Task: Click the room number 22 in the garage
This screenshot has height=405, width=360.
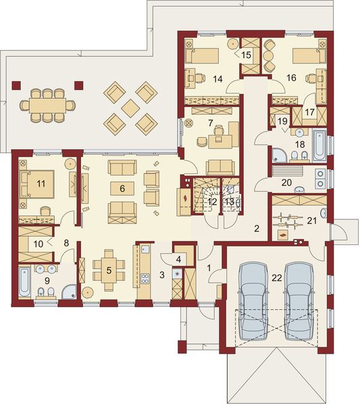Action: pyautogui.click(x=277, y=278)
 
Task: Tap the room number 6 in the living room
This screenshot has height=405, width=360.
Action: pyautogui.click(x=122, y=188)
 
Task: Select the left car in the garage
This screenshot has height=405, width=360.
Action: pyautogui.click(x=253, y=301)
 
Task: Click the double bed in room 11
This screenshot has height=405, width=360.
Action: pyautogui.click(x=37, y=184)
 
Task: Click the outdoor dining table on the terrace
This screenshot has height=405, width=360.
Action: pyautogui.click(x=47, y=105)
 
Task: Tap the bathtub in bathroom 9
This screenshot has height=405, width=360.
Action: pyautogui.click(x=24, y=282)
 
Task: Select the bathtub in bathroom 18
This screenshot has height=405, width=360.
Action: pyautogui.click(x=319, y=146)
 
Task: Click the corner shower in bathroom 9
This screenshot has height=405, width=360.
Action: pyautogui.click(x=70, y=292)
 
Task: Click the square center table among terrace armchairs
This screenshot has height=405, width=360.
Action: pyautogui.click(x=131, y=109)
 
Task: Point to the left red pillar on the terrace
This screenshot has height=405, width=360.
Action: pyautogui.click(x=16, y=85)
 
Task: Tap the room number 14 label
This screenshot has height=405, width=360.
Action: pyautogui.click(x=217, y=79)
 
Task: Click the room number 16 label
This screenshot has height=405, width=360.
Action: pyautogui.click(x=291, y=78)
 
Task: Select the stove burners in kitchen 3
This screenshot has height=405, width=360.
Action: pyautogui.click(x=145, y=278)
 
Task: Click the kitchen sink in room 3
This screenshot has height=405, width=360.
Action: pyautogui.click(x=145, y=249)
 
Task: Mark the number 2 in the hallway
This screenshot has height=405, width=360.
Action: pyautogui.click(x=257, y=228)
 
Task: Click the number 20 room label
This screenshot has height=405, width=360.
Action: pyautogui.click(x=286, y=183)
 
